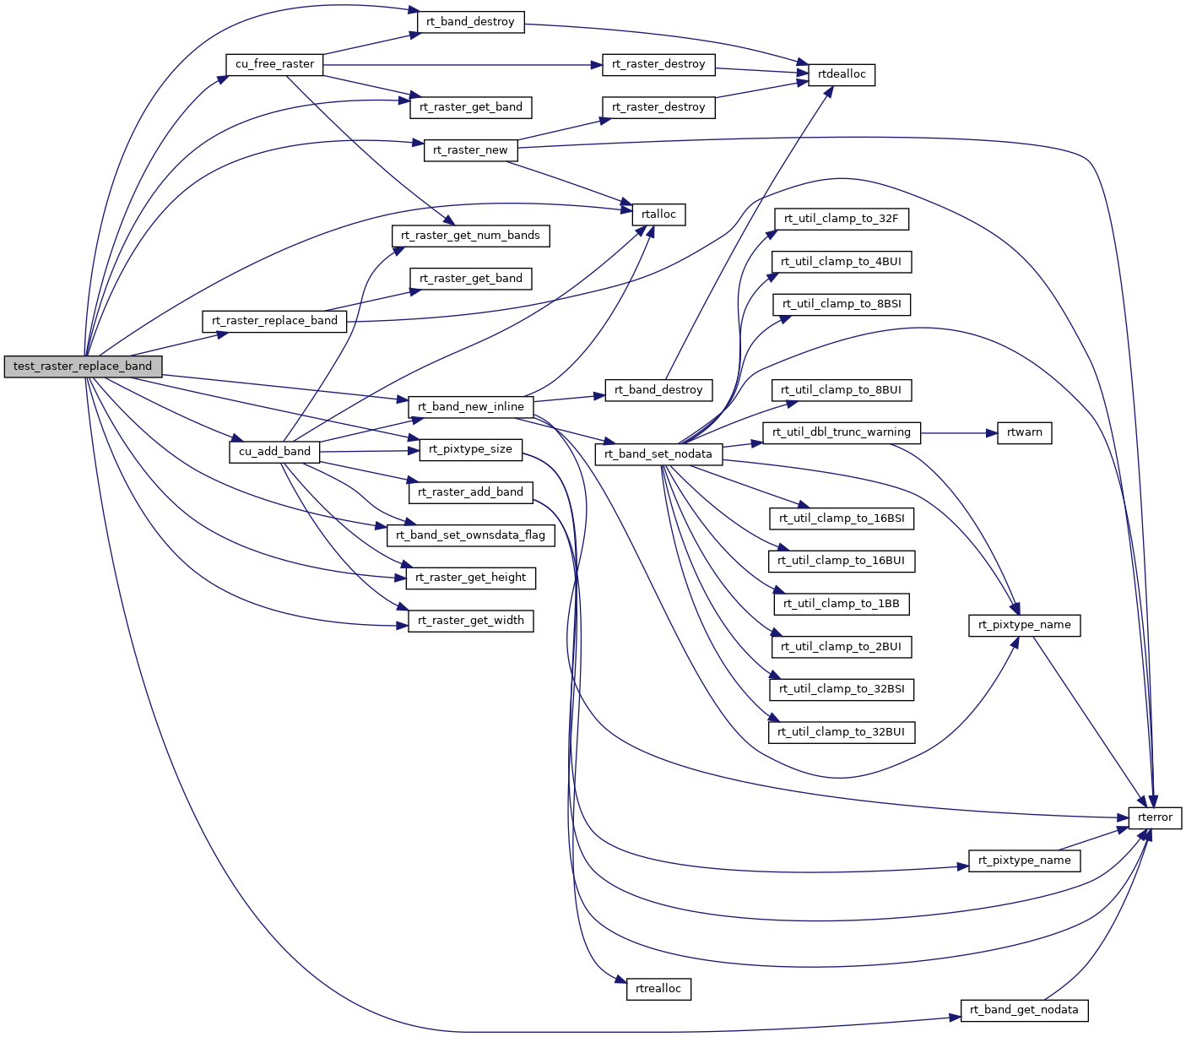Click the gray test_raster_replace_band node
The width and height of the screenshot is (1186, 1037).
83,366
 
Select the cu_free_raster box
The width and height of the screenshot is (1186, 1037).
274,64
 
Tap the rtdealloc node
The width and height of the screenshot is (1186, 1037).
842,74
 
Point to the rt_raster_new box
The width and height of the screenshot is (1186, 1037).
470,150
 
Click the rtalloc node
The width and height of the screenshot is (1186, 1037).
658,214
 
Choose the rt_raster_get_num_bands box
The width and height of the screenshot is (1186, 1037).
470,236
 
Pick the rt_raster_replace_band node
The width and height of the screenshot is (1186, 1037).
274,321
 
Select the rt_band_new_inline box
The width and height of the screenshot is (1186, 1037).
470,407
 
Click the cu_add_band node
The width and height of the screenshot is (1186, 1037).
274,452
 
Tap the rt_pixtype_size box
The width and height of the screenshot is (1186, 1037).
470,449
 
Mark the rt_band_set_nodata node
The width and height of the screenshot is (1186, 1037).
658,454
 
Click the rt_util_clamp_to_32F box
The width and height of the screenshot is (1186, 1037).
842,219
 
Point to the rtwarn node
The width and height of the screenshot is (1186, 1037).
1024,432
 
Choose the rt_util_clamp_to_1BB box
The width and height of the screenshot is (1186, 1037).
842,604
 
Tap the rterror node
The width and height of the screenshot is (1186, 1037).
1155,817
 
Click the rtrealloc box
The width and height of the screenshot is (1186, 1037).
658,989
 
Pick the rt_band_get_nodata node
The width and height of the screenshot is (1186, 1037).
1024,1010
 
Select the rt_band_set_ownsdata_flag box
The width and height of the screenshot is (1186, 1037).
470,535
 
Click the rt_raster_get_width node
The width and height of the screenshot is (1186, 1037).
470,621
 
